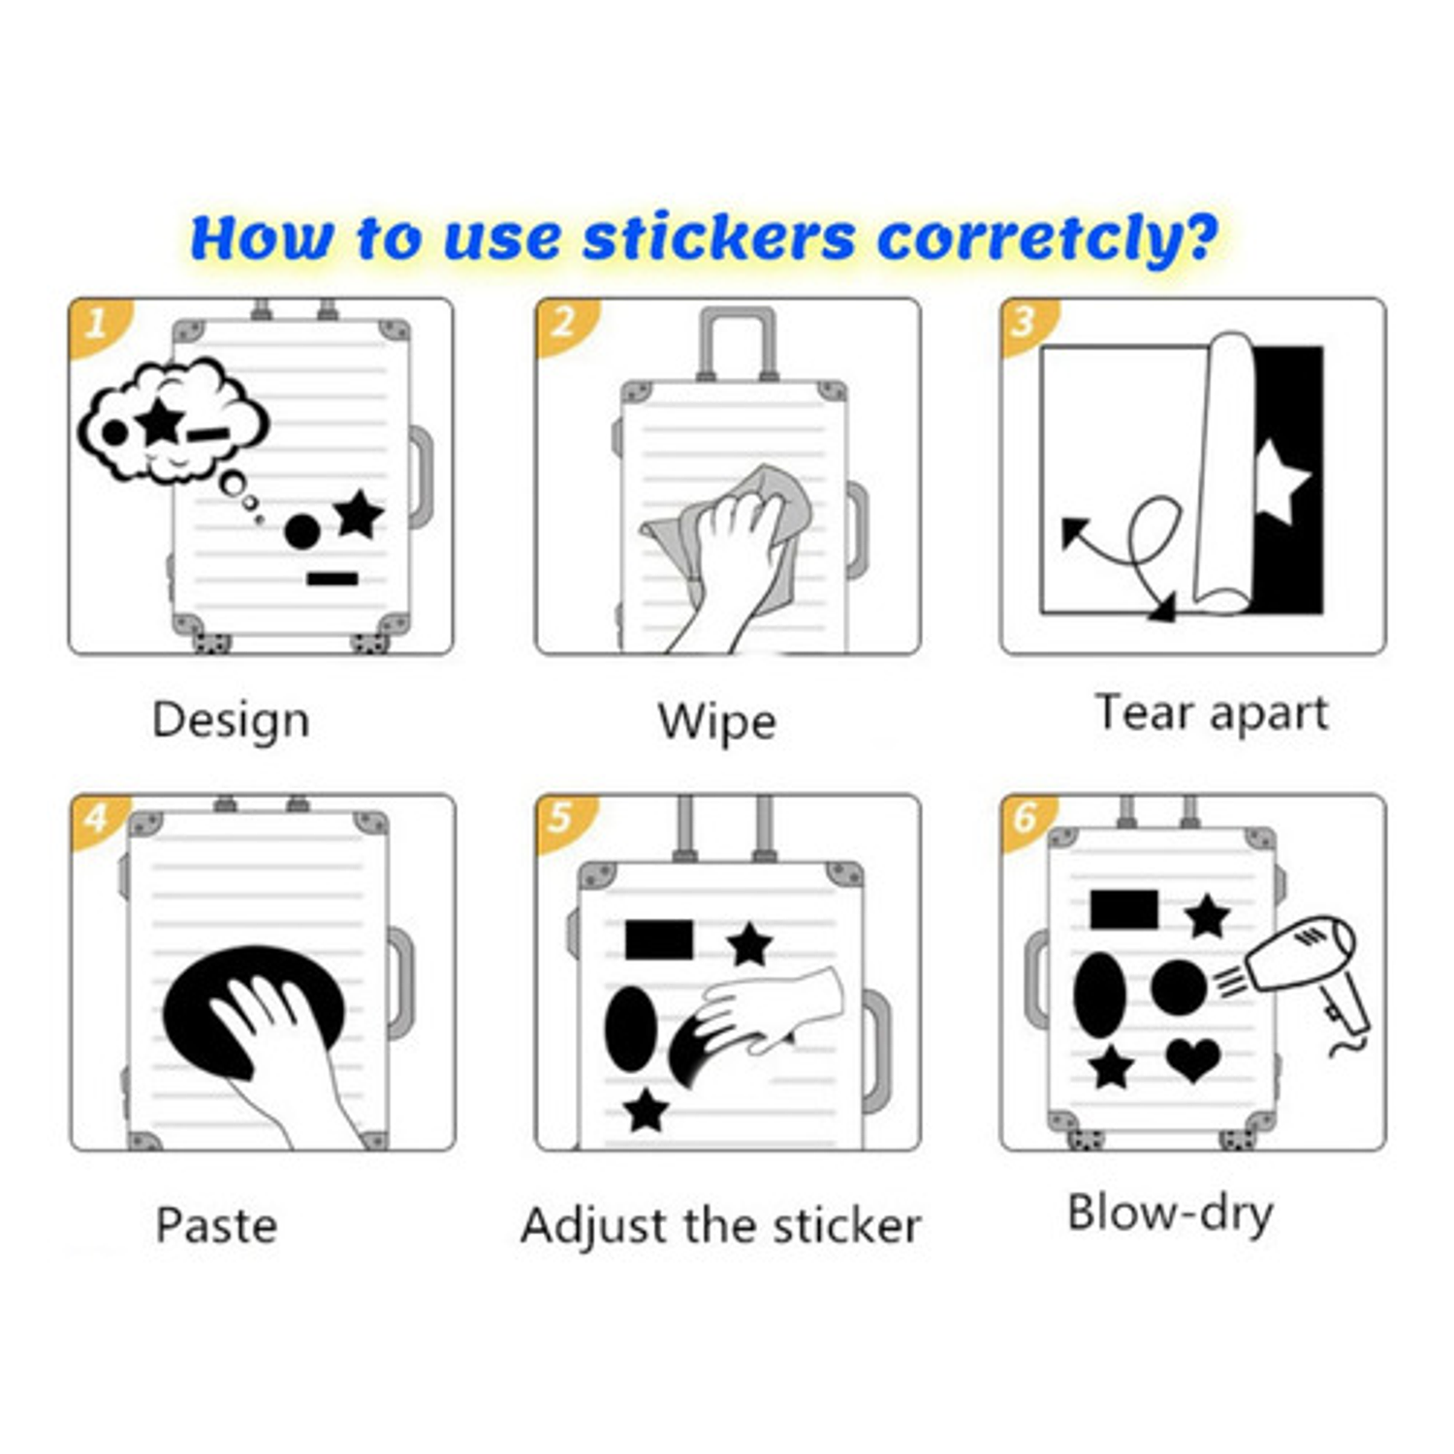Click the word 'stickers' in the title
click(x=718, y=237)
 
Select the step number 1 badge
click(x=97, y=323)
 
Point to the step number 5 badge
click(x=562, y=820)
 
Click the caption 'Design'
click(x=231, y=721)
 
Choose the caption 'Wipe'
click(x=716, y=722)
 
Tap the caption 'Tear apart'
click(x=1211, y=713)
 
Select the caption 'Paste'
click(x=216, y=1225)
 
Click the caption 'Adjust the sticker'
click(x=720, y=1226)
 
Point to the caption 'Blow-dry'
click(x=1170, y=1214)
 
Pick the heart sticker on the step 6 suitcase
click(x=1193, y=1059)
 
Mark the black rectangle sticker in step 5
click(x=659, y=939)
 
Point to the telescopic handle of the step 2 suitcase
click(x=738, y=344)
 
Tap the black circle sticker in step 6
click(x=1179, y=988)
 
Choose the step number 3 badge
click(x=1027, y=323)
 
